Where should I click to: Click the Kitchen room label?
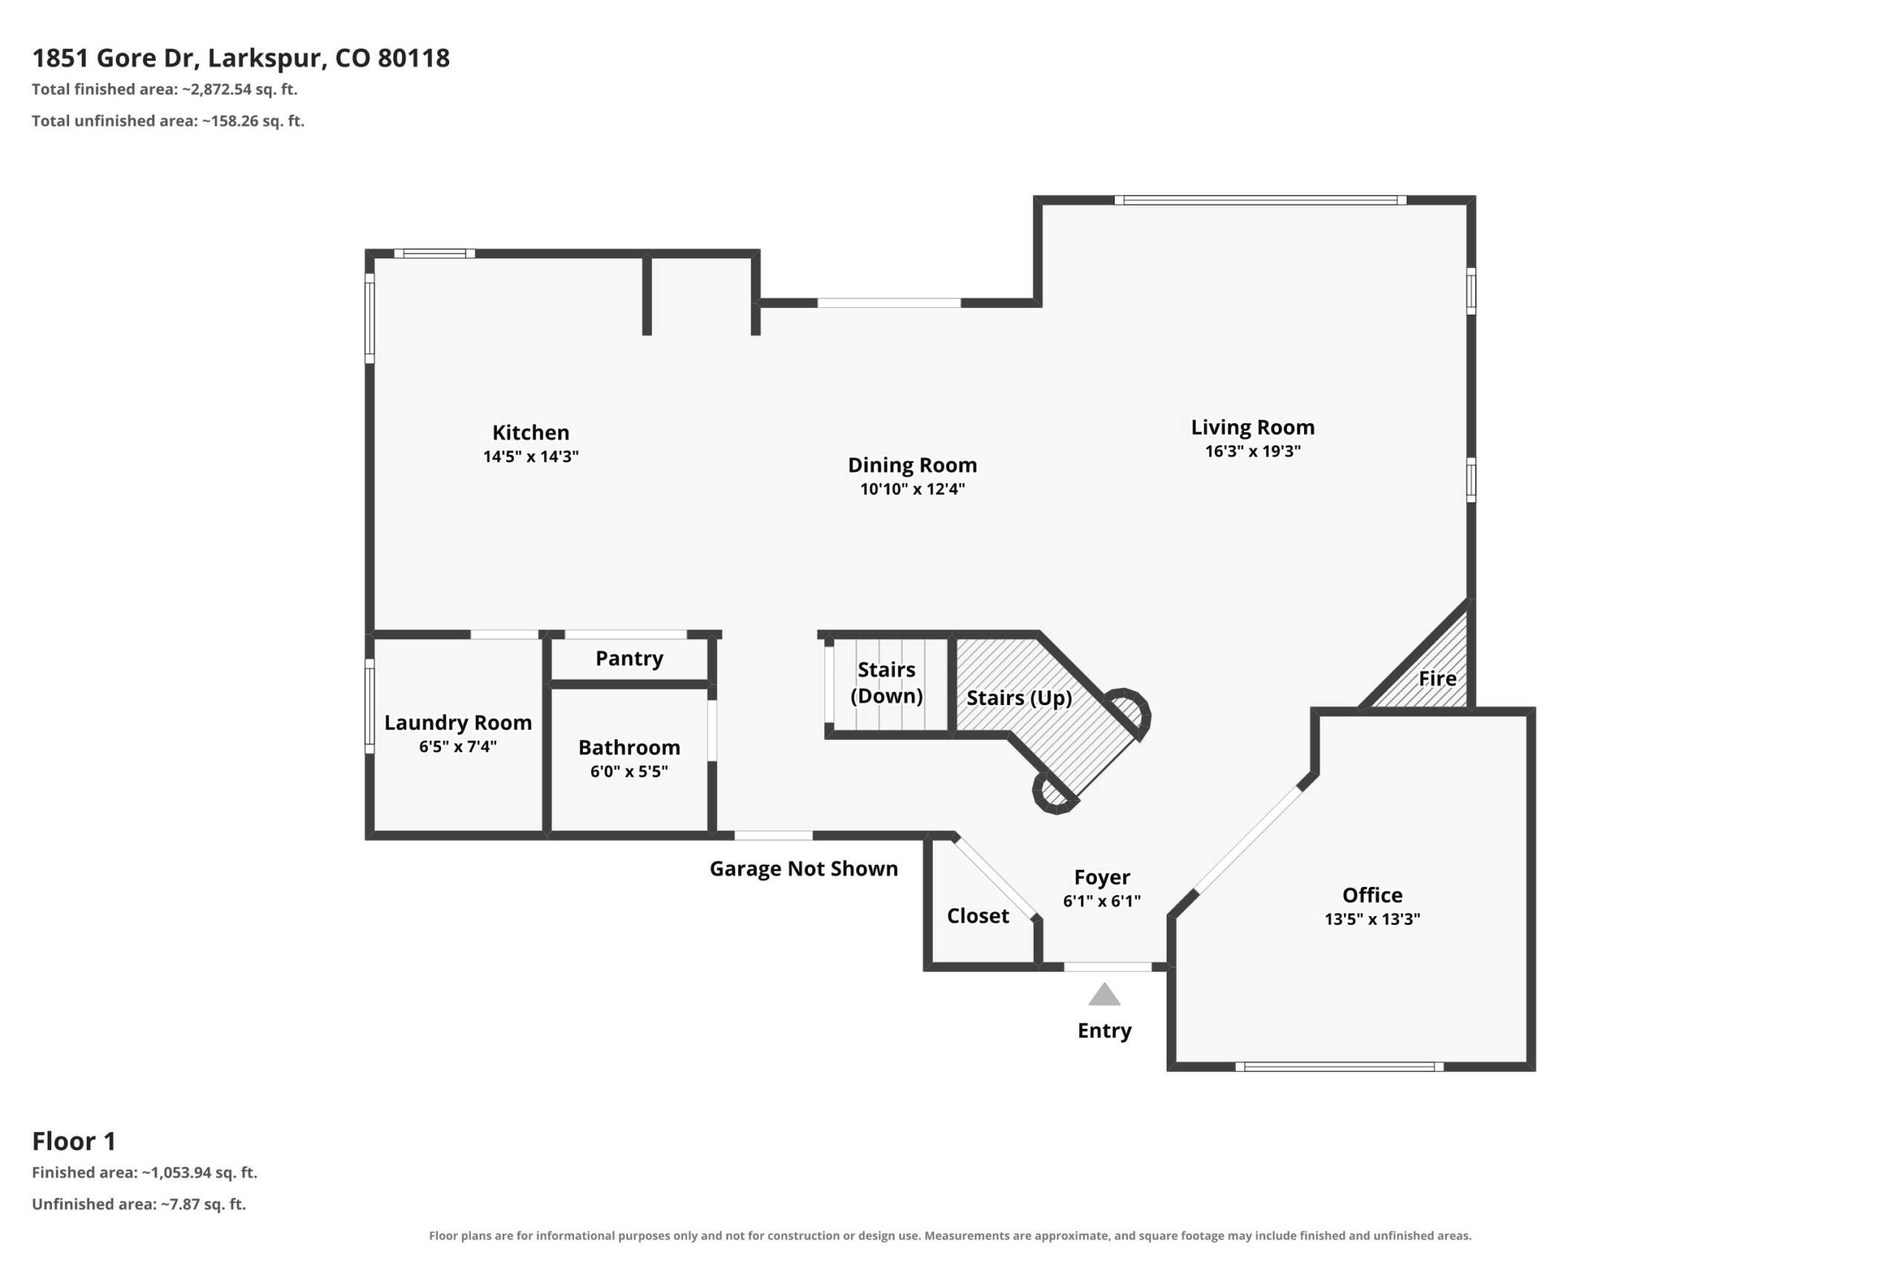click(x=530, y=432)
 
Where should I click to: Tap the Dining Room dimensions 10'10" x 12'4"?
click(x=912, y=489)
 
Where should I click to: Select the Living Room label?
click(x=1253, y=428)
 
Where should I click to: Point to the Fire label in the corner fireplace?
click(x=1437, y=678)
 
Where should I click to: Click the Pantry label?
click(x=629, y=658)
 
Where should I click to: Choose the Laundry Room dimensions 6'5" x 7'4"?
click(x=457, y=747)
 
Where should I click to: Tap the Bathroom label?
click(x=629, y=747)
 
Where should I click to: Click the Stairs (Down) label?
click(x=887, y=683)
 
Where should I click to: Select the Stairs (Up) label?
click(x=1020, y=698)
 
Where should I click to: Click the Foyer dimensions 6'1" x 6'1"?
click(x=1102, y=901)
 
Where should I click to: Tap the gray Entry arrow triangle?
click(x=1104, y=995)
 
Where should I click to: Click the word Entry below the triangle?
click(x=1104, y=1031)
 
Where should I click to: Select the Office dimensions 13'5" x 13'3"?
click(x=1372, y=919)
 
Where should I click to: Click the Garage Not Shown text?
click(x=803, y=868)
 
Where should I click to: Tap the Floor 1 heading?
click(x=74, y=1141)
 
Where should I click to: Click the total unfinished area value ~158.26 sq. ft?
click(x=253, y=121)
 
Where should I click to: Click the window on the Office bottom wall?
click(x=1340, y=1067)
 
